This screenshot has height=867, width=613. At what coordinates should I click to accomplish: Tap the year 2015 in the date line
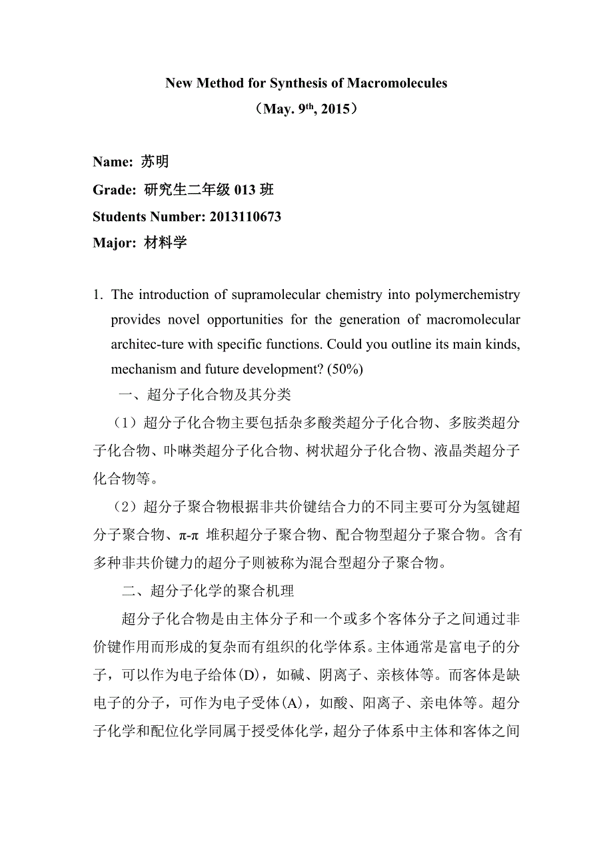[x=335, y=109]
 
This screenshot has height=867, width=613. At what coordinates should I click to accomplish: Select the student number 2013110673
[x=245, y=216]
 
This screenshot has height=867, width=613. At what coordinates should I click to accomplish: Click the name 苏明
[x=155, y=162]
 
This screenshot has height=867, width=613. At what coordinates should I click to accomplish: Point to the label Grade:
[x=115, y=190]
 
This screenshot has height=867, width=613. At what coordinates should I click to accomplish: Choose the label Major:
[x=115, y=242]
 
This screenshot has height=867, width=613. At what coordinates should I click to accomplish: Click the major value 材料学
[x=165, y=242]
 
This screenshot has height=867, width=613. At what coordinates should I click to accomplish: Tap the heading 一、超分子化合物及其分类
[x=205, y=395]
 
